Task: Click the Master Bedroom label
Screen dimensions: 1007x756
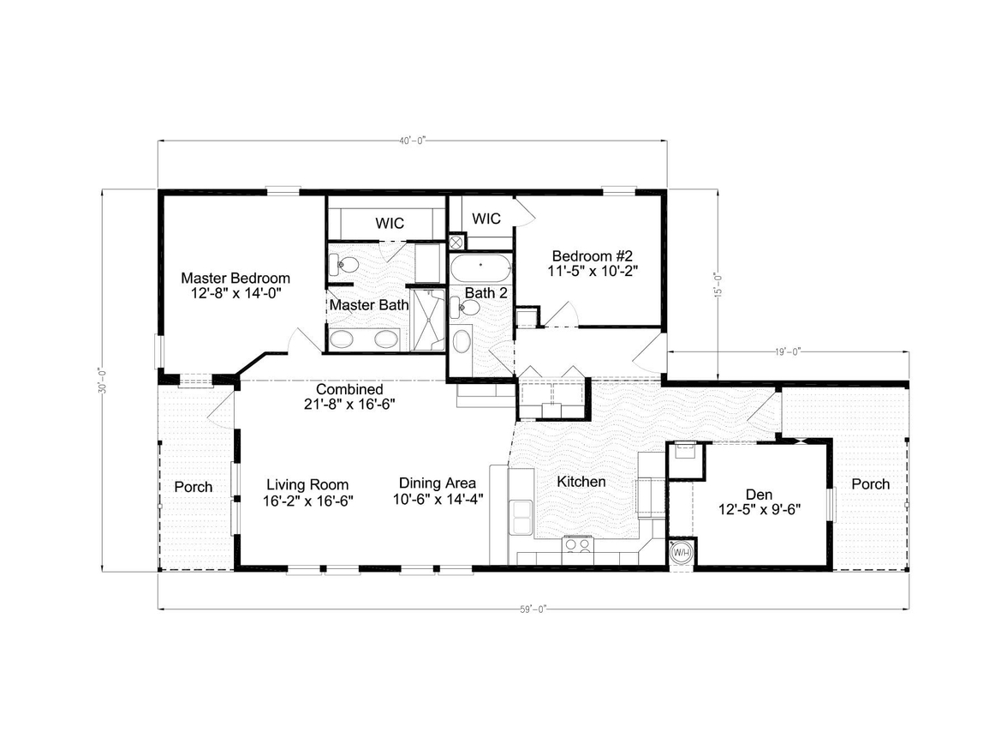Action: point(235,279)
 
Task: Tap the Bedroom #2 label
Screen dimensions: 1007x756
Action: point(593,256)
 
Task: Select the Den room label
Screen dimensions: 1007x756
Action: point(759,495)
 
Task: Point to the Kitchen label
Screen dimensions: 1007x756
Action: point(581,482)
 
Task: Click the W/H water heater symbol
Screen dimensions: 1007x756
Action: point(682,553)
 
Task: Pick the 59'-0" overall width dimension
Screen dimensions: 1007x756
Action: point(533,609)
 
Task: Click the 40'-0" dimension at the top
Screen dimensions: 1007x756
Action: point(413,141)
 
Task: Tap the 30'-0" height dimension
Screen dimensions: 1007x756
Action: point(102,380)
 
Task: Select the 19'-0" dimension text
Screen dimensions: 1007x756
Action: point(788,351)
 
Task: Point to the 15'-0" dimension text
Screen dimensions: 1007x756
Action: point(718,285)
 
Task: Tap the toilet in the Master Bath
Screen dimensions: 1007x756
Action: point(343,264)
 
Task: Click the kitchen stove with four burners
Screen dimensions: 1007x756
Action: point(578,544)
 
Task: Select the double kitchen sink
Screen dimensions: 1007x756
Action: point(521,518)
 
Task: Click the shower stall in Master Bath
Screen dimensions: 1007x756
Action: point(428,321)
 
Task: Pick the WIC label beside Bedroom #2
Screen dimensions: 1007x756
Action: point(486,219)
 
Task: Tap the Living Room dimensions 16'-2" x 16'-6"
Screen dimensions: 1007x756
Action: point(308,501)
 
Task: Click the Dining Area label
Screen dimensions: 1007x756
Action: point(438,483)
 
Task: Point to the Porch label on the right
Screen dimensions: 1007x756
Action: point(871,484)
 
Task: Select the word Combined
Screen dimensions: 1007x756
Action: point(349,389)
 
